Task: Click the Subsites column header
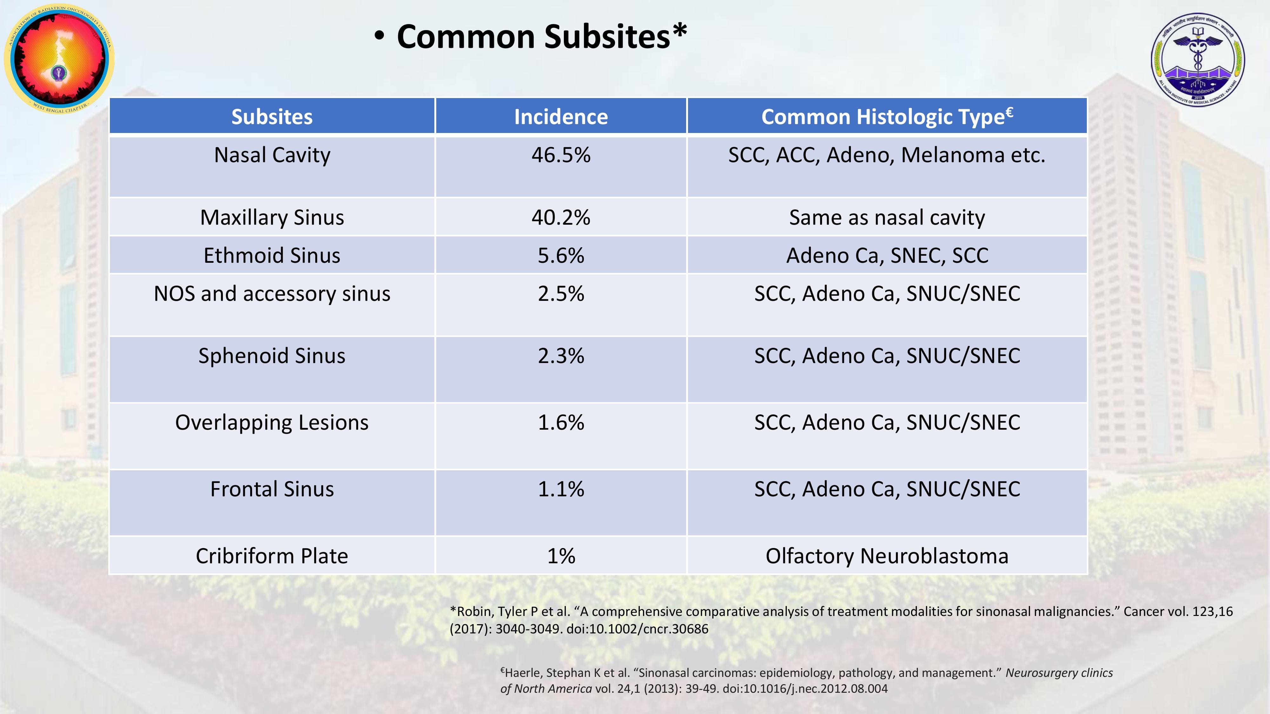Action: [x=272, y=117]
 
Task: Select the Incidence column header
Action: [x=561, y=117]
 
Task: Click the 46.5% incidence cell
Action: [x=561, y=155]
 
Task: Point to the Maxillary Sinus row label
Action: [x=272, y=217]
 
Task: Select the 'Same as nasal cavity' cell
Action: [x=887, y=217]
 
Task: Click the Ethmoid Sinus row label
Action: [x=272, y=255]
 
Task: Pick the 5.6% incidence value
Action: [x=561, y=255]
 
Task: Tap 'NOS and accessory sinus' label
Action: [x=272, y=294]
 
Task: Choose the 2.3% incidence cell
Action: [x=561, y=356]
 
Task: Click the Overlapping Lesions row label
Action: [x=272, y=423]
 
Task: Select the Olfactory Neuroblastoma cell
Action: [x=887, y=556]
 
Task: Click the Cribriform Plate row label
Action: [x=272, y=556]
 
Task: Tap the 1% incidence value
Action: [x=561, y=556]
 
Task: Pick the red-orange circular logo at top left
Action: [x=59, y=58]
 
